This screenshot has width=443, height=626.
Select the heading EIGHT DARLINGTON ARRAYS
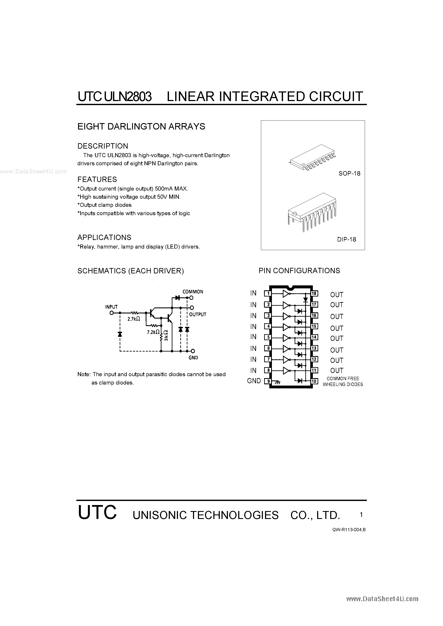(141, 127)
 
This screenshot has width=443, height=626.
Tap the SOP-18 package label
(349, 173)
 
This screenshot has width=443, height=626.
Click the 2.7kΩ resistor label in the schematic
(134, 318)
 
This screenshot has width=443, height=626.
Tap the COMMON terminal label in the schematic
(193, 292)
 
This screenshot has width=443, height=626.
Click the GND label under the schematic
(193, 358)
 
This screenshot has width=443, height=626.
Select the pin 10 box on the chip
(314, 381)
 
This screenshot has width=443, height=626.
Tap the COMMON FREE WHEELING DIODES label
(343, 382)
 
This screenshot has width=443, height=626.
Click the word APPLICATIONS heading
(104, 237)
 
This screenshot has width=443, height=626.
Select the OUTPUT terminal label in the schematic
(197, 314)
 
